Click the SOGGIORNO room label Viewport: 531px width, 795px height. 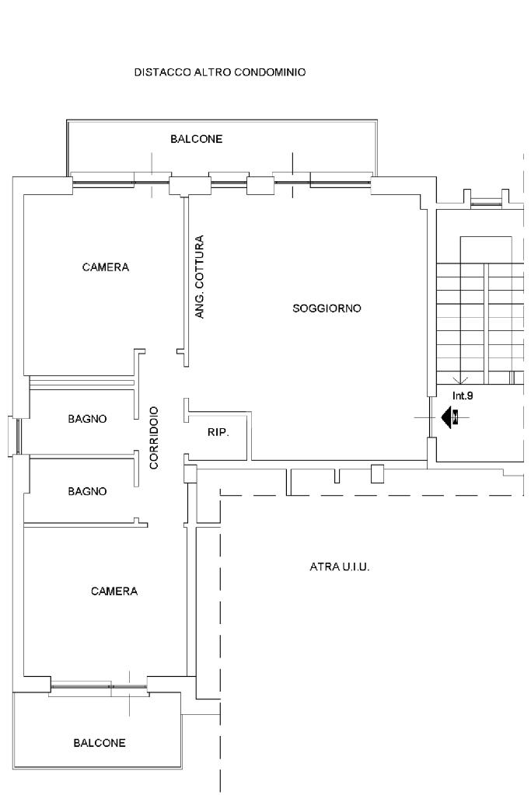(x=327, y=309)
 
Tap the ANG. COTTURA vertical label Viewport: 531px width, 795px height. (x=200, y=277)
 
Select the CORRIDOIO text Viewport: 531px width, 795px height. (x=154, y=438)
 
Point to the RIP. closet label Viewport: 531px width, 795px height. (x=218, y=433)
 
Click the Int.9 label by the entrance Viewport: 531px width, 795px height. (x=463, y=396)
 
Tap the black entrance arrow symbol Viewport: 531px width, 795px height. (x=449, y=417)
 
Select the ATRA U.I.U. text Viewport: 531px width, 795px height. (x=339, y=567)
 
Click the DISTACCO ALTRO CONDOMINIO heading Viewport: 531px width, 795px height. (x=219, y=72)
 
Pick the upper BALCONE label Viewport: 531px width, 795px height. (x=196, y=139)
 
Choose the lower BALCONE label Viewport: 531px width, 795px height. (x=100, y=743)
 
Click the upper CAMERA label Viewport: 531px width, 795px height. (x=106, y=267)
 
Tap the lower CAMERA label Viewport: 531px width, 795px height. (x=114, y=591)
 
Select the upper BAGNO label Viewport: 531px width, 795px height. (x=87, y=419)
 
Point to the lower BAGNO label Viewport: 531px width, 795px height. (x=87, y=491)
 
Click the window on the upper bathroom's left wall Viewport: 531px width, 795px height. (x=18, y=437)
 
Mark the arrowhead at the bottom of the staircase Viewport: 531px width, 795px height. (x=460, y=380)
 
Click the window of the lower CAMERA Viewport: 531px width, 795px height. (x=99, y=686)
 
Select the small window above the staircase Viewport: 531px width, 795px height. (x=487, y=204)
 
